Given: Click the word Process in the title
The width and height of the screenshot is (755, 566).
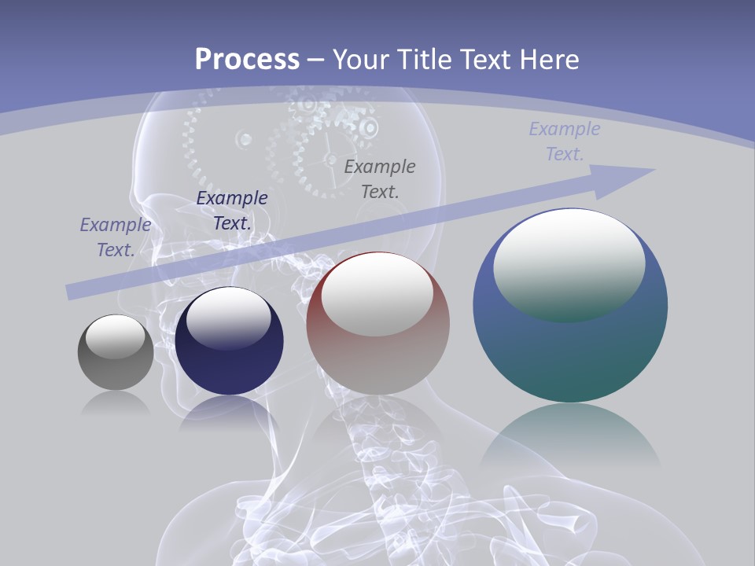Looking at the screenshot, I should pos(247,60).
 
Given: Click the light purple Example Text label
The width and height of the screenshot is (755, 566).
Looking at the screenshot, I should pos(564,141).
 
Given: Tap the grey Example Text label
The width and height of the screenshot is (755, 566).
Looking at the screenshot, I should pos(380,178).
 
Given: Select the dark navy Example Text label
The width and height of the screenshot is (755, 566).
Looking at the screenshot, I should pos(232,211).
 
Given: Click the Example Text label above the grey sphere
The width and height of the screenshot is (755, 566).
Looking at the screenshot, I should pos(116,237).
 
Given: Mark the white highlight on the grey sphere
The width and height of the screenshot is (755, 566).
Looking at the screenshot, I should pos(115,336).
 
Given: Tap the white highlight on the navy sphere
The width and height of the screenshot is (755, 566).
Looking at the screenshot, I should pos(228,318).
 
